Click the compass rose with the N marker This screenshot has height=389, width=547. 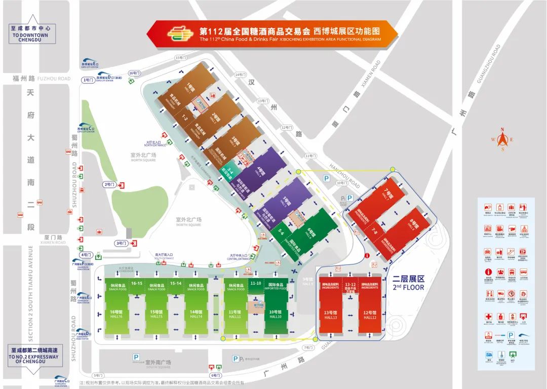point(502,139)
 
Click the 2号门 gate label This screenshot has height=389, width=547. point(109,184)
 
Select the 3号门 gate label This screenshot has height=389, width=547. point(122,243)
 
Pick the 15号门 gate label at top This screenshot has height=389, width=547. point(180,58)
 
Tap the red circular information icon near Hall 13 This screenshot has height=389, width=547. point(367,256)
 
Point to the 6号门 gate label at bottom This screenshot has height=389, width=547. point(215,375)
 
